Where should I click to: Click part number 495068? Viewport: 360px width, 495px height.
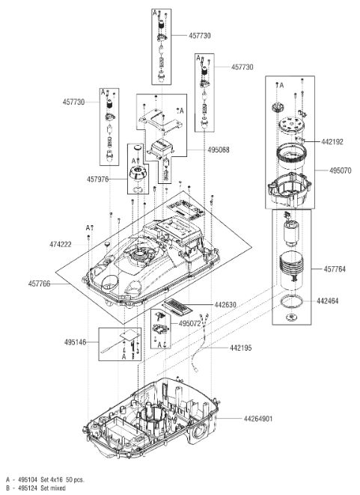click(219, 150)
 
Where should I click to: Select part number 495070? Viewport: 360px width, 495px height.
click(340, 170)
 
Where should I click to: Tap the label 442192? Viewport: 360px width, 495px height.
click(332, 142)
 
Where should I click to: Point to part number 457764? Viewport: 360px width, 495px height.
click(335, 269)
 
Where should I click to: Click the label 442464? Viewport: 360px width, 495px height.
click(328, 301)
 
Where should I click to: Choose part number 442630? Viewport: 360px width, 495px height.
click(225, 304)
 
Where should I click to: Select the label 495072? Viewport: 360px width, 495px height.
click(189, 324)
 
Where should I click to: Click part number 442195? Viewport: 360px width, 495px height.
click(241, 348)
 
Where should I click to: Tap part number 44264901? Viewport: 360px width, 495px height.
click(258, 419)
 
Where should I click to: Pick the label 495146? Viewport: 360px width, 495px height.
click(76, 342)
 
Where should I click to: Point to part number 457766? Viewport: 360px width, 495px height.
click(39, 284)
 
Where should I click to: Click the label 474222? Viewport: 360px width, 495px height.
click(61, 245)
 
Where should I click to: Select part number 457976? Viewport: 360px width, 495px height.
click(97, 179)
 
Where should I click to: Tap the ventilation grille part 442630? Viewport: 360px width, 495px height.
click(177, 307)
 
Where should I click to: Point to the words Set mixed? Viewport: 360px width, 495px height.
click(53, 488)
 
